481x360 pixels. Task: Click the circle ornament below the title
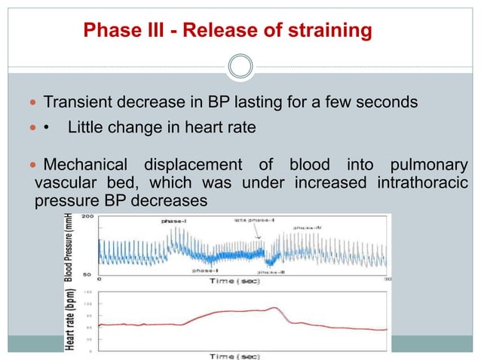point(240,67)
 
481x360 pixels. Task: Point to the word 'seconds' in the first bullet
point(387,102)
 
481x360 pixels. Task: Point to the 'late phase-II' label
point(253,220)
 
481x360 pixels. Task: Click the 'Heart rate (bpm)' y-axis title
point(69,321)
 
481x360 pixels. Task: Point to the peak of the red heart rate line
point(277,307)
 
